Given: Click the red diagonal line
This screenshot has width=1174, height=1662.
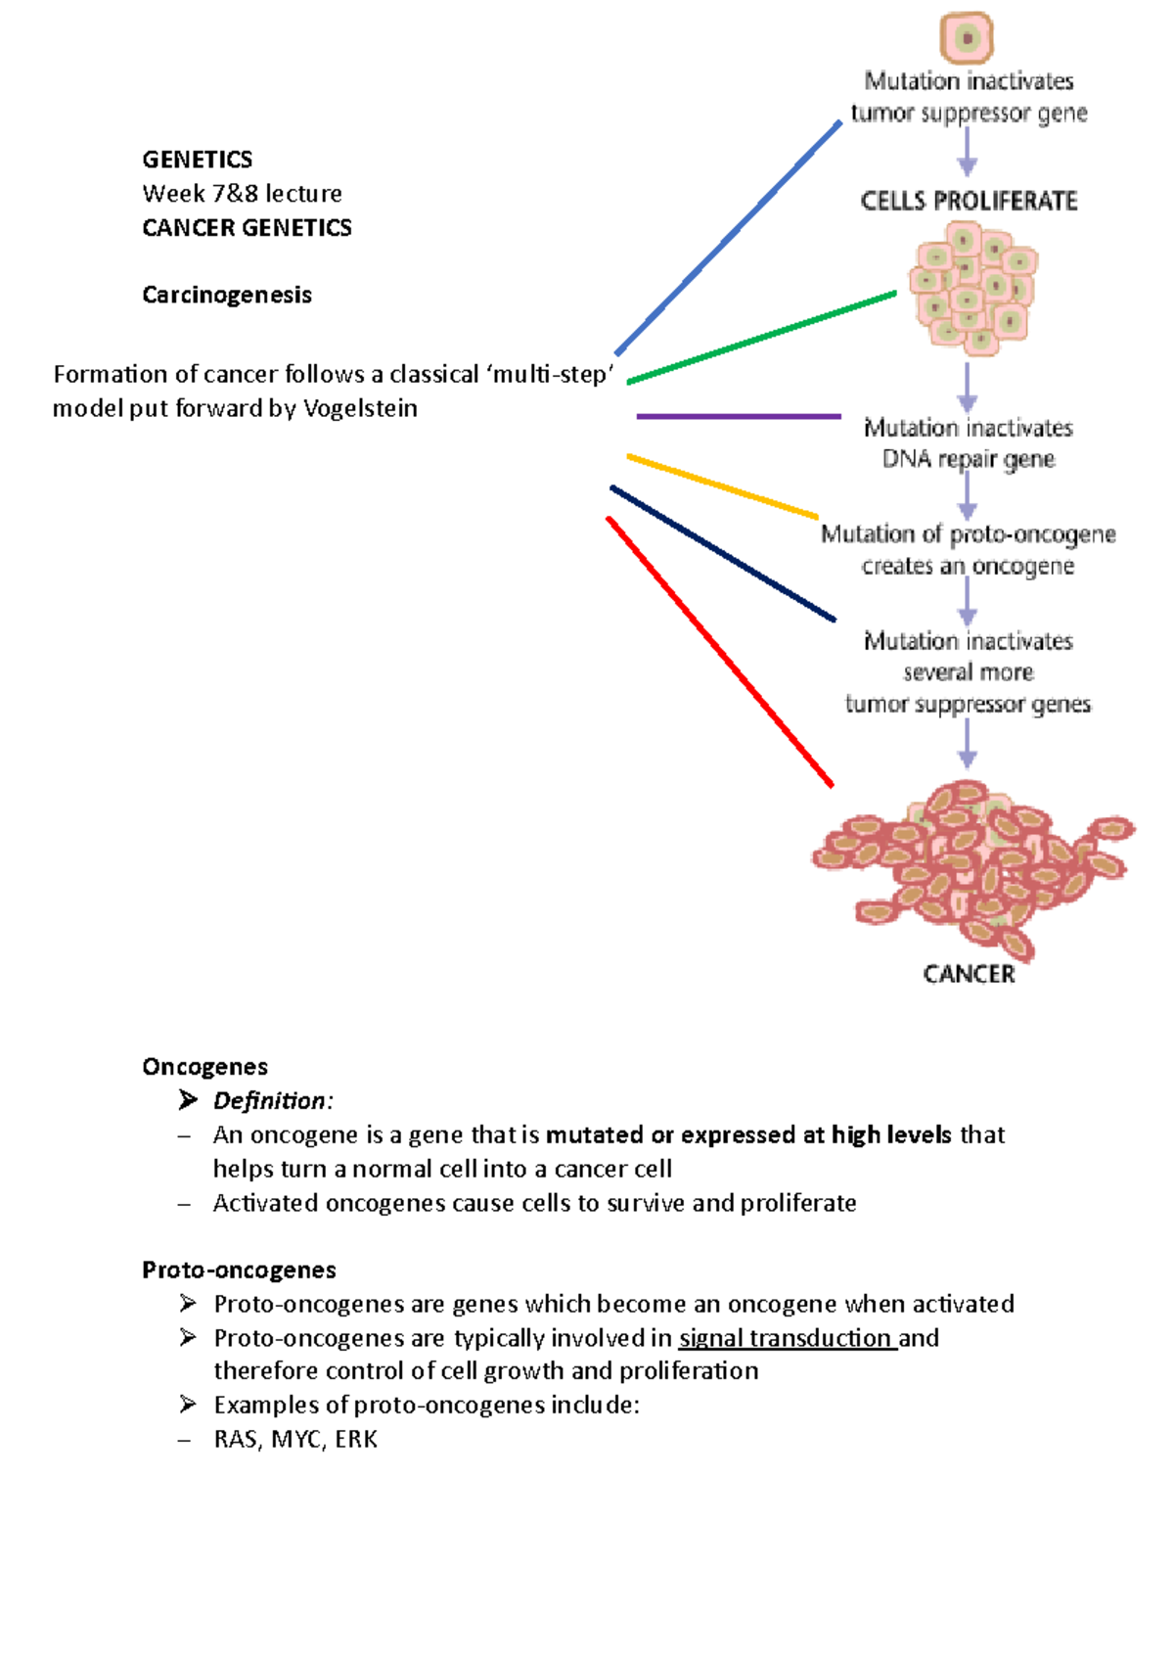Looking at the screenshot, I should click(x=720, y=651).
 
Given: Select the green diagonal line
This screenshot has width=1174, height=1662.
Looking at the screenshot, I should click(x=761, y=337).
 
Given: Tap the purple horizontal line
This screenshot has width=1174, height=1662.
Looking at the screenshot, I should click(x=739, y=416).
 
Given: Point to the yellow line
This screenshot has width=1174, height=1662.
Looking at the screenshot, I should click(x=722, y=485).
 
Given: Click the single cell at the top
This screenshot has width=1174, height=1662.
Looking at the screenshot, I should click(x=967, y=38).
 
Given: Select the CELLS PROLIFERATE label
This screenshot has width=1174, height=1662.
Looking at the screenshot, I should click(x=969, y=201).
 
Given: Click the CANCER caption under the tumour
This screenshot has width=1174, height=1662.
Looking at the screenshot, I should click(x=969, y=974).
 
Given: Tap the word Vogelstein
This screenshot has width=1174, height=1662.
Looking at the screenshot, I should click(x=360, y=408).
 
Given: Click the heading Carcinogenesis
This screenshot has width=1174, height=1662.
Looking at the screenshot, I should click(x=227, y=295).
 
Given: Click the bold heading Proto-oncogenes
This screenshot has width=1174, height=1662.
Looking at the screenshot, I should click(x=239, y=1270).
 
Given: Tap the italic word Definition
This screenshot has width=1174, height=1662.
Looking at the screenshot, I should click(x=270, y=1101).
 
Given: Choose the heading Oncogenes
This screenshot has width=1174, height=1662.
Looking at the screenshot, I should click(x=204, y=1067).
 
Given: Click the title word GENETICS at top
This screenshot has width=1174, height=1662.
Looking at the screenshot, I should click(x=197, y=160).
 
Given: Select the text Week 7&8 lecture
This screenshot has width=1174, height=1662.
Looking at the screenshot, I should click(x=242, y=193).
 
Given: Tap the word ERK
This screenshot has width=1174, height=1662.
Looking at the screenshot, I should click(x=356, y=1439).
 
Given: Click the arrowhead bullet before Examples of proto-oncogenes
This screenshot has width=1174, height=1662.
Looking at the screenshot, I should click(x=188, y=1405).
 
